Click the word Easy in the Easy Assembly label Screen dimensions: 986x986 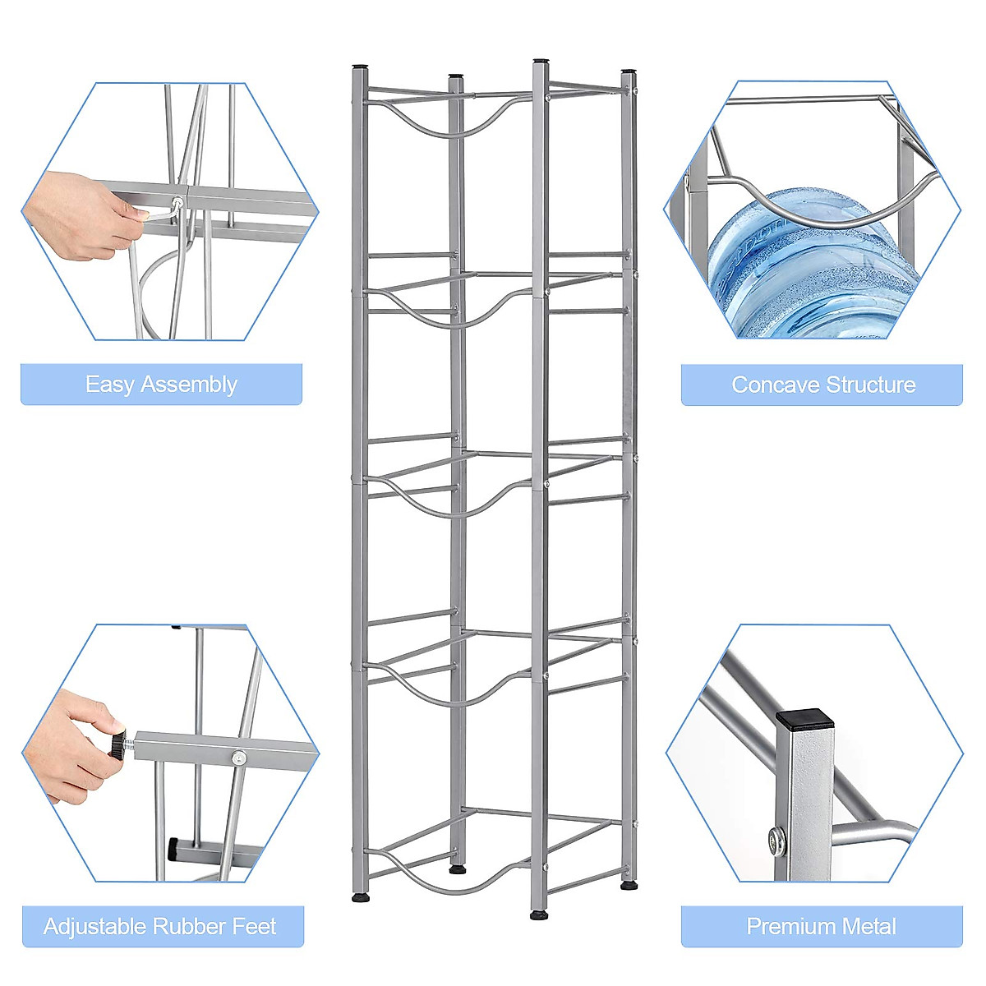pos(108,385)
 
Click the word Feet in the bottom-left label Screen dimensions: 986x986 pos(254,927)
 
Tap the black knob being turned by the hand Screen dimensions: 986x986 pos(118,744)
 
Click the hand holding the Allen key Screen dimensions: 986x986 pos(78,215)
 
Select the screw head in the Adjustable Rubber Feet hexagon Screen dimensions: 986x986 pos(237,758)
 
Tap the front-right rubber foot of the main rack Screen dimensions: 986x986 pos(539,914)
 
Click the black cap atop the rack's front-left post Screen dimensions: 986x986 pos(360,67)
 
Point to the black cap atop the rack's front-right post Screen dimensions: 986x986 pos(541,61)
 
